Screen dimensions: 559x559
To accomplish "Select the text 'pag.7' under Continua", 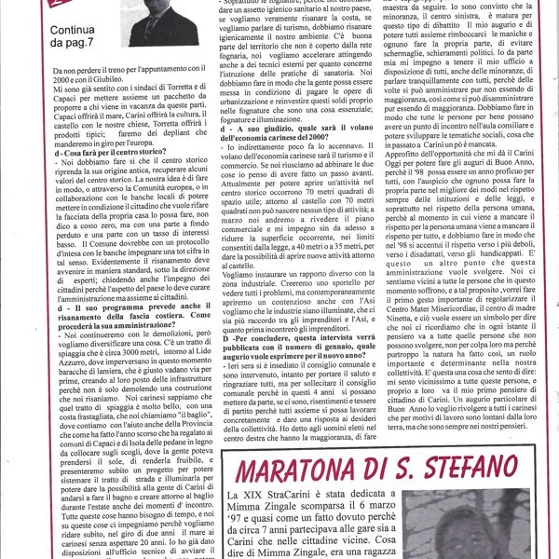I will pos(75,45).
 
